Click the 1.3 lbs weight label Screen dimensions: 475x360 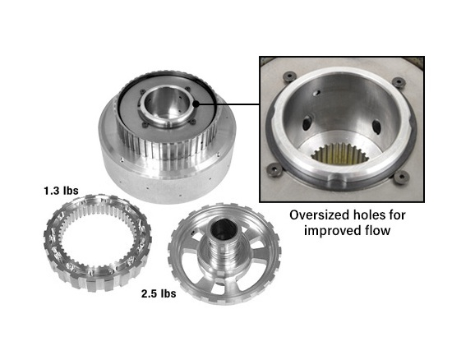point(61,191)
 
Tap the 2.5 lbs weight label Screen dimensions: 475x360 point(159,293)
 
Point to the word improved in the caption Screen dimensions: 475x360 point(333,232)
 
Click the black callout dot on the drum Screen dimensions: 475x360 point(196,104)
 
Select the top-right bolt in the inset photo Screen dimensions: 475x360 point(399,82)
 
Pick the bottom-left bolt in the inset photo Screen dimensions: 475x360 point(274,169)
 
